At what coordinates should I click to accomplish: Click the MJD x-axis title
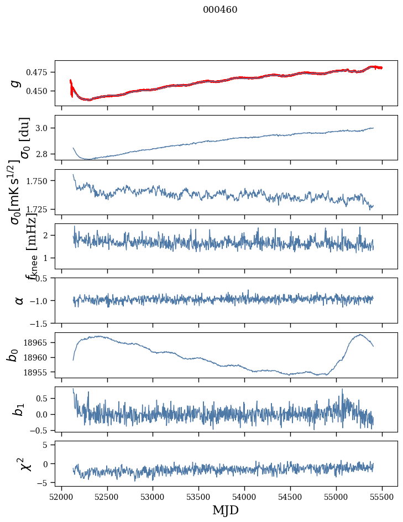[x=226, y=510]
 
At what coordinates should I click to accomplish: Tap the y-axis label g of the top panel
[x=15, y=83]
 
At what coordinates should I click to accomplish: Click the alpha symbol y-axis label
[x=19, y=300]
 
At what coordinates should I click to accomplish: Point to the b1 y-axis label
[x=17, y=409]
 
